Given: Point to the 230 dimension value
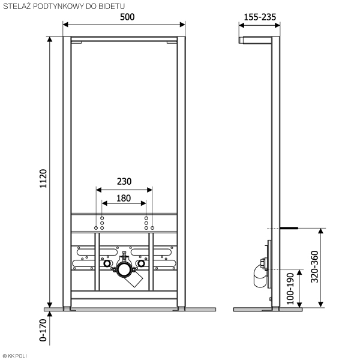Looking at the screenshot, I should tap(124, 181).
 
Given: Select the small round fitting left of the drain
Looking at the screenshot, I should tap(107, 263).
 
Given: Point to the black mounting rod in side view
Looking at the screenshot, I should tap(291, 228).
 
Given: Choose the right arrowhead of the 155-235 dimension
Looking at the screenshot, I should tap(278, 25).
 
